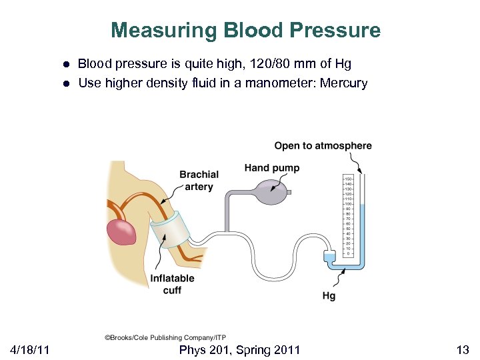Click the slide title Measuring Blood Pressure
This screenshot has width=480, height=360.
(245, 31)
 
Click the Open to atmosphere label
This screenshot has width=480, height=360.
(323, 146)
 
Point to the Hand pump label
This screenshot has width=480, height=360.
(271, 168)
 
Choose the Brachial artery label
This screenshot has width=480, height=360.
(199, 181)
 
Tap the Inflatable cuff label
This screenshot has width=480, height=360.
(172, 284)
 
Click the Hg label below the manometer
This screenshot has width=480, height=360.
(329, 295)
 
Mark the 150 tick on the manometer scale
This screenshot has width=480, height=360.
(347, 179)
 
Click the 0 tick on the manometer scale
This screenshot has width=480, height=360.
(347, 254)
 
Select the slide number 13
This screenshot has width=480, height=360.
(463, 349)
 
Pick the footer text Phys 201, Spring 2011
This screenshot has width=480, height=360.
(239, 349)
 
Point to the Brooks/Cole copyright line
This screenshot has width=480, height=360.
(165, 338)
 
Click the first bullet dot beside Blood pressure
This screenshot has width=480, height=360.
(67, 65)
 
